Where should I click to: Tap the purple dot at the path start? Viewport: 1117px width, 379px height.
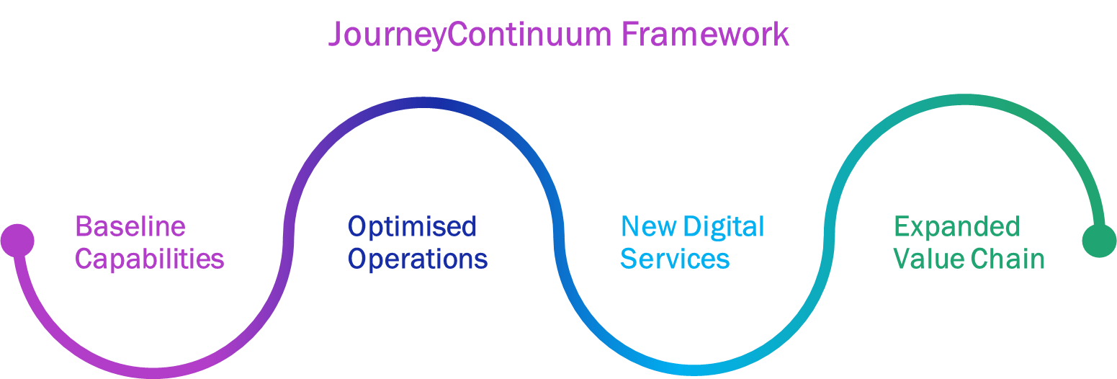pyautogui.click(x=17, y=240)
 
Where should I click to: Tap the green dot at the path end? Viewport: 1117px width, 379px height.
pyautogui.click(x=1099, y=240)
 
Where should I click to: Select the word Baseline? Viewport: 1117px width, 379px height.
pyautogui.click(x=130, y=227)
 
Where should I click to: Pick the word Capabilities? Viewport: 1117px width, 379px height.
pyautogui.click(x=150, y=259)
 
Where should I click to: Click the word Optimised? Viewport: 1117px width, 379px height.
pyautogui.click(x=412, y=227)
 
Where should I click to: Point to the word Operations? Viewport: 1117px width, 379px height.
pyautogui.click(x=418, y=259)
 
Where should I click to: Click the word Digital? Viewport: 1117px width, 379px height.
pyautogui.click(x=723, y=228)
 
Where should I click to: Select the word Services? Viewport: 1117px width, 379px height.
pyautogui.click(x=675, y=259)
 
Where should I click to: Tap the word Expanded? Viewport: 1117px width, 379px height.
pyautogui.click(x=956, y=227)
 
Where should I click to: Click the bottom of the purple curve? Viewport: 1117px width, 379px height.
pyautogui.click(x=153, y=373)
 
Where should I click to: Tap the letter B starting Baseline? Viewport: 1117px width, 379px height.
pyautogui.click(x=83, y=227)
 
